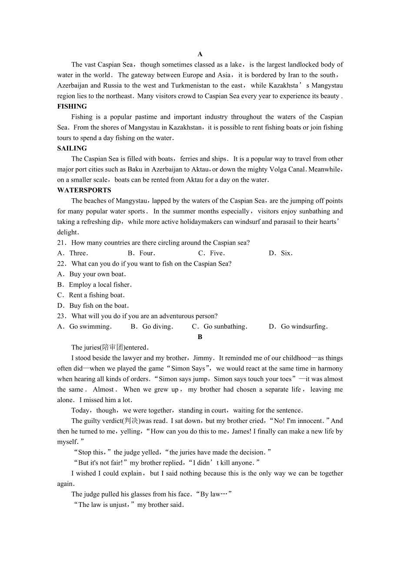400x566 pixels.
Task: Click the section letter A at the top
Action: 200,54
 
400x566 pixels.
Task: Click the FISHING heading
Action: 72,107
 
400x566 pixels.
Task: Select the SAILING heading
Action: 72,148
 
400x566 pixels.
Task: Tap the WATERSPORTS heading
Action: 84,190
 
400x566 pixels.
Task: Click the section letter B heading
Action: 200,337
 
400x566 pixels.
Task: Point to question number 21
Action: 61,243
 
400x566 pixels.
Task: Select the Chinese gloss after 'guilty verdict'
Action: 131,421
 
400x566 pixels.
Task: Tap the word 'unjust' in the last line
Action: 120,505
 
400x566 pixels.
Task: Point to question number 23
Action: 61,316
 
